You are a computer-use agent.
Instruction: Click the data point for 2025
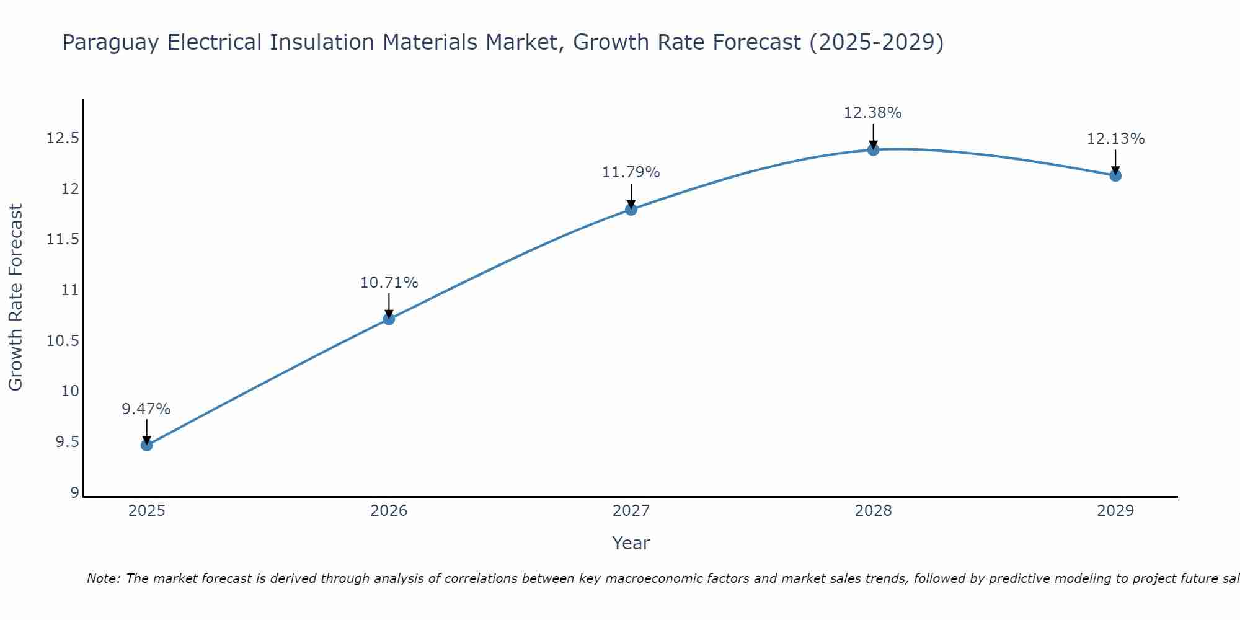146,445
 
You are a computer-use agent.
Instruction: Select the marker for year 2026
389,319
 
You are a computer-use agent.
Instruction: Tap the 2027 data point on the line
631,209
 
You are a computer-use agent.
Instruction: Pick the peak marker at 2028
873,149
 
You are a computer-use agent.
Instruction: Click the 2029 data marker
1115,175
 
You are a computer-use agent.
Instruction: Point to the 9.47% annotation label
146,409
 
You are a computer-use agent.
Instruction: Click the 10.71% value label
389,283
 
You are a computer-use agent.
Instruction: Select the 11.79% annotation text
631,172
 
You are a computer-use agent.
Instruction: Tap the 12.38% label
872,113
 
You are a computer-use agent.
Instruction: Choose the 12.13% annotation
1115,139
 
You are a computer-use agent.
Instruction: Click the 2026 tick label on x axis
389,511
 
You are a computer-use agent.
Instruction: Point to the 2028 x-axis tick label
873,511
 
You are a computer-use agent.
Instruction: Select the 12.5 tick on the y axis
63,138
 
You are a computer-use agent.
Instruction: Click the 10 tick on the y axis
70,391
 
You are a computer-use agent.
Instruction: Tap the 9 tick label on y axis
74,493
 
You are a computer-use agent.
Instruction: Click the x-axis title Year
631,543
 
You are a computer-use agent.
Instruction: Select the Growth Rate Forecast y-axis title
15,298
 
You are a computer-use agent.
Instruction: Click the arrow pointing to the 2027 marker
631,195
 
